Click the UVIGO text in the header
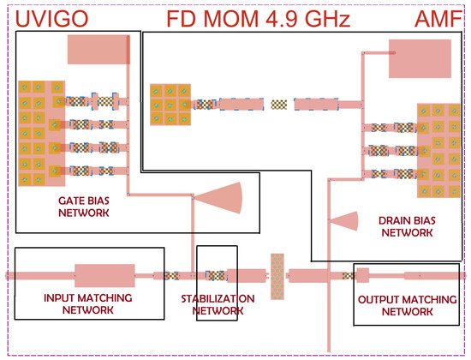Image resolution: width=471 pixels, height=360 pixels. coord(51,19)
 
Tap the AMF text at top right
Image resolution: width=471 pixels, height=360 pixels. coord(438,19)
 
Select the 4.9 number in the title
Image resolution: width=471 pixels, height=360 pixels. coord(282,19)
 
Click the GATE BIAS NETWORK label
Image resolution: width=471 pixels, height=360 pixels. coord(84,207)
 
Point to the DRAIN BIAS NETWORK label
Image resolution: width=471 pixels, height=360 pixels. coord(407,226)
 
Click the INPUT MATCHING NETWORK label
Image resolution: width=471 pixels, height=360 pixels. coord(88,303)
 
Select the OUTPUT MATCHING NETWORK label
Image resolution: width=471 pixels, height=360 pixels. coord(408,305)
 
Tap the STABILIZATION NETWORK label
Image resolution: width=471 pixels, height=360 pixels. coord(218,304)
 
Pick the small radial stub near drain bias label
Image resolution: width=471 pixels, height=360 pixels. coord(345,221)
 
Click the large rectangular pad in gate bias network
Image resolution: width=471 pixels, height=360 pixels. coord(98,50)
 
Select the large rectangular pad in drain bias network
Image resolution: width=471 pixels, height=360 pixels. coord(420,58)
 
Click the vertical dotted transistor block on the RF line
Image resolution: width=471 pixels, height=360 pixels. coord(277,276)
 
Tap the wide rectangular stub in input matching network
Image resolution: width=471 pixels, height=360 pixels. coord(104,275)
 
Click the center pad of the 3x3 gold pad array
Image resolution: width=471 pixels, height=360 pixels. coord(170,105)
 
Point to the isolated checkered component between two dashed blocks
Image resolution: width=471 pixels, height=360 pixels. coord(279,105)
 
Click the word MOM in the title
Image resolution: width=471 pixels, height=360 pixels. coord(230,19)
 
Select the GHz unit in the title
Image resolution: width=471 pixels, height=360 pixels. coord(327,19)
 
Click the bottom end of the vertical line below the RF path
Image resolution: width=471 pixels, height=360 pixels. coord(329,351)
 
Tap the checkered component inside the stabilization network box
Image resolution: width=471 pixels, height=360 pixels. coord(215,275)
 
